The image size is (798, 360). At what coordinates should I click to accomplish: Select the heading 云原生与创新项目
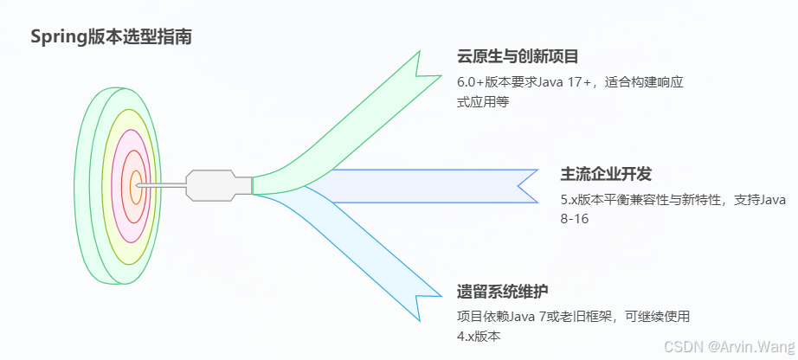[x=518, y=57]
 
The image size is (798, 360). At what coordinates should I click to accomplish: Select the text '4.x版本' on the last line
[x=479, y=336]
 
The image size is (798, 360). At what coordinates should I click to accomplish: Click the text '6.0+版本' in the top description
[x=484, y=83]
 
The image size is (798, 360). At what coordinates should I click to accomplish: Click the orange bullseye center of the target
[x=135, y=185]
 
